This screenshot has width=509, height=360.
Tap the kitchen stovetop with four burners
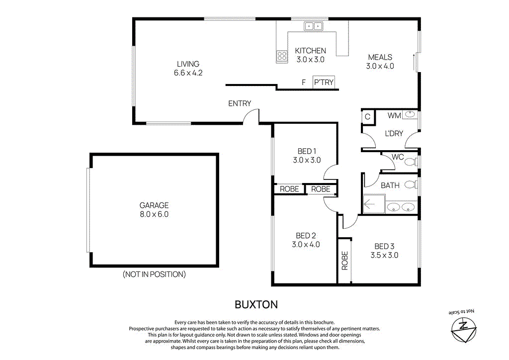click(282, 56)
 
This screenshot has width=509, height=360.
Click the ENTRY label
click(240, 103)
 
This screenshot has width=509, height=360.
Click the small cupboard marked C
click(367, 116)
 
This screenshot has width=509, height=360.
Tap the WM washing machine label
click(394, 115)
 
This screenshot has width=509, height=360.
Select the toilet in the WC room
click(410, 162)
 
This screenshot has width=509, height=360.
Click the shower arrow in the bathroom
click(371, 203)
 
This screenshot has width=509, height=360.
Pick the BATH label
click(390, 185)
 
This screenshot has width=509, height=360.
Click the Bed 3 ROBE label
click(344, 261)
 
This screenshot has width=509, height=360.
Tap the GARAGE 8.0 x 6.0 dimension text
click(154, 214)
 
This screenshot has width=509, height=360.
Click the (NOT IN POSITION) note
click(154, 274)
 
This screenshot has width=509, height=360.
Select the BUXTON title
click(256, 304)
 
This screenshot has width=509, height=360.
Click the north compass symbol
click(463, 327)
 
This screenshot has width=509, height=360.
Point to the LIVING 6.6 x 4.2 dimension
click(188, 73)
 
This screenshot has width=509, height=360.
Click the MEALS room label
click(380, 57)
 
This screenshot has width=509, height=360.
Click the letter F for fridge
click(303, 83)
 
